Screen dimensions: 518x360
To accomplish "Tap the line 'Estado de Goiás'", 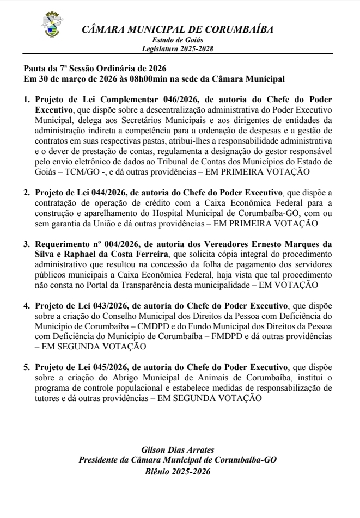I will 178,40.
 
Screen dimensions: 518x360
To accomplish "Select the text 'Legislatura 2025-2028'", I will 178,48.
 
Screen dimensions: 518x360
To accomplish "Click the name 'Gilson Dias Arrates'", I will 178,449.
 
